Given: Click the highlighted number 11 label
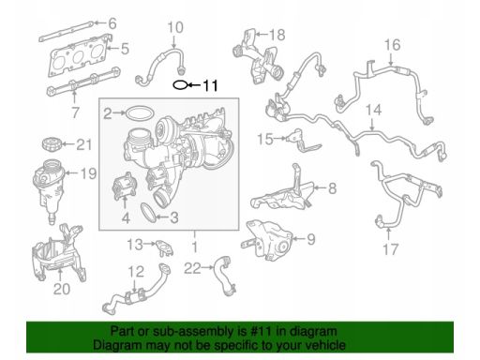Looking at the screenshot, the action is (210, 85).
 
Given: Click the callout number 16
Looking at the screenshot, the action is (392, 45).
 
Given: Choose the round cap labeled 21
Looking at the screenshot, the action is (50, 144).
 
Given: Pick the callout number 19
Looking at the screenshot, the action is (88, 173).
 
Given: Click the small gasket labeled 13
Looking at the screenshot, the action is (164, 247).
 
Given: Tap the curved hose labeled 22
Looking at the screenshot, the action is (224, 275).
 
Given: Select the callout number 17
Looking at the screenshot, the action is (390, 249).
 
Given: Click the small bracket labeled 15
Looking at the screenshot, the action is (302, 142).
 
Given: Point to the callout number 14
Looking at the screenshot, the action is (373, 110).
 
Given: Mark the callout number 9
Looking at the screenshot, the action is (311, 239).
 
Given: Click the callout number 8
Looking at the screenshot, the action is (332, 188).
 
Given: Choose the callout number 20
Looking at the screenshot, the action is (62, 289).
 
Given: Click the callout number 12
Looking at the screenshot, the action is (136, 272).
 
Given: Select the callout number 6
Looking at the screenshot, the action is (112, 23).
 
